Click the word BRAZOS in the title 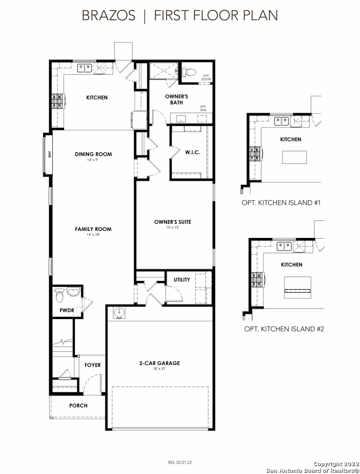109,15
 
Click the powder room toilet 59,295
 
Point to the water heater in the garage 119,312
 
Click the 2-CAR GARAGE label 159,363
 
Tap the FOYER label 93,365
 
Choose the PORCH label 78,406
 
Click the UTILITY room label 182,280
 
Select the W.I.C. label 192,152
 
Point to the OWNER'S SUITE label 172,222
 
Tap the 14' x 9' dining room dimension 93,159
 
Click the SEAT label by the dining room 50,154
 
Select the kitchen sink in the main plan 84,68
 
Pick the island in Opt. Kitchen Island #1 295,157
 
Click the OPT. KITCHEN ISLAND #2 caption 284,329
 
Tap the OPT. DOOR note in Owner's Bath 206,77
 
